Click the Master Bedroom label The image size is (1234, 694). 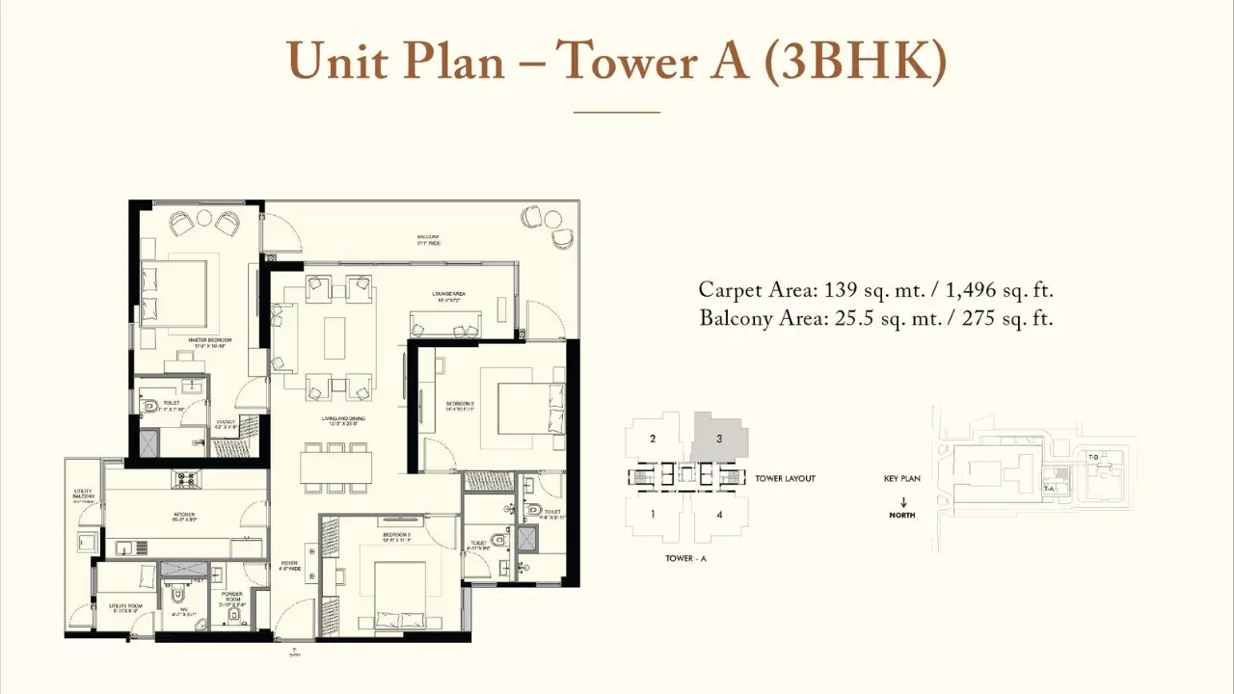pyautogui.click(x=209, y=340)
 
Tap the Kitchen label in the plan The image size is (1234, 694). pyautogui.click(x=184, y=515)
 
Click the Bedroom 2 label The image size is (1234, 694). pyautogui.click(x=460, y=403)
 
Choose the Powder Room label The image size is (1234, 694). pyautogui.click(x=232, y=597)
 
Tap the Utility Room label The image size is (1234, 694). pyautogui.click(x=124, y=607)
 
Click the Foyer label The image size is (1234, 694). pyautogui.click(x=289, y=565)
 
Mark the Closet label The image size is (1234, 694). pyautogui.click(x=226, y=422)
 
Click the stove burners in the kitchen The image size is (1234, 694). pyautogui.click(x=185, y=478)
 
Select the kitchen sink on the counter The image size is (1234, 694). pyautogui.click(x=124, y=547)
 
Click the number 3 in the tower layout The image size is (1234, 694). pyautogui.click(x=719, y=439)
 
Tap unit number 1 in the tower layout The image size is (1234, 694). pyautogui.click(x=653, y=514)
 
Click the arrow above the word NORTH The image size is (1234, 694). pyautogui.click(x=902, y=502)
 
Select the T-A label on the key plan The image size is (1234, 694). pyautogui.click(x=1049, y=489)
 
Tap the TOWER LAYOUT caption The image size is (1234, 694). pyautogui.click(x=785, y=479)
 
